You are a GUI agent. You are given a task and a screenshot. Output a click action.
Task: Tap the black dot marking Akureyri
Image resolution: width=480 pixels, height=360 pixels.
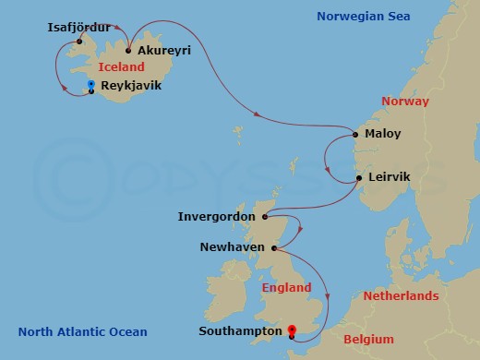pyautogui.click(x=127, y=51)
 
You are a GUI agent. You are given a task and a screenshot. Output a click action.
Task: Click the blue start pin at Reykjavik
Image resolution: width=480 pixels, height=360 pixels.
pyautogui.click(x=90, y=85)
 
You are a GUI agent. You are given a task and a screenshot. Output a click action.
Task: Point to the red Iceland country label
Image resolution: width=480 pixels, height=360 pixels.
pyautogui.click(x=122, y=67)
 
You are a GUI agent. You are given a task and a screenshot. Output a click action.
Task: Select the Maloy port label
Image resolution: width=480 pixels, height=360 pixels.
pyautogui.click(x=383, y=134)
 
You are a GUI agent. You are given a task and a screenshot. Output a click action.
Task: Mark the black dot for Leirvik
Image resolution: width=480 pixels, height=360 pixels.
pyautogui.click(x=359, y=176)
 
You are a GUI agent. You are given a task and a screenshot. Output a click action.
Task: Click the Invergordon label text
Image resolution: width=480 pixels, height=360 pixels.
pyautogui.click(x=218, y=218)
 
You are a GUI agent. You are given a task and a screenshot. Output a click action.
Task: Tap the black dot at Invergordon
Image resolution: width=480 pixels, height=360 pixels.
pyautogui.click(x=264, y=218)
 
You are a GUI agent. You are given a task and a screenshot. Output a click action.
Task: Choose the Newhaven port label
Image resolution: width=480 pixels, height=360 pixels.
pyautogui.click(x=233, y=247)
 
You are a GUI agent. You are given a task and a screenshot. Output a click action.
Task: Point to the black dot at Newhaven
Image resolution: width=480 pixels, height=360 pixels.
pyautogui.click(x=274, y=247)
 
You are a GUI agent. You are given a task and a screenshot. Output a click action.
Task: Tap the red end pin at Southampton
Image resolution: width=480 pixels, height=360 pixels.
pyautogui.click(x=291, y=329)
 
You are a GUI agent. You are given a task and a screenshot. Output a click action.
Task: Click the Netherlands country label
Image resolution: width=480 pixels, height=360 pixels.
pyautogui.click(x=402, y=296)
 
